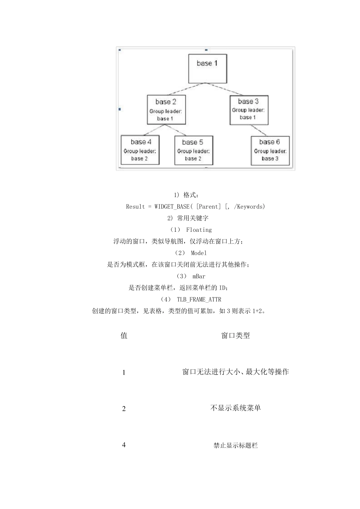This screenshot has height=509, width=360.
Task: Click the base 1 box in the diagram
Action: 207,69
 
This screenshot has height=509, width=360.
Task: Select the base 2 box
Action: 166,110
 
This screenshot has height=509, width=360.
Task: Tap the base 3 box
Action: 249,110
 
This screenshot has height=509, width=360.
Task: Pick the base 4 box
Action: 140,150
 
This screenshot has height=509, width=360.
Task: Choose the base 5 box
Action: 193,150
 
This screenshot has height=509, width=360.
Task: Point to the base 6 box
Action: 270,150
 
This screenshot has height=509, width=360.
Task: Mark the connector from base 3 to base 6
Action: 260,130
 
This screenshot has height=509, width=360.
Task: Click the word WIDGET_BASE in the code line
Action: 172,206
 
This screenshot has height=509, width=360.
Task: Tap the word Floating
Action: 199,230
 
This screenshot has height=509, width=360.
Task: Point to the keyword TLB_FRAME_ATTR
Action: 199,300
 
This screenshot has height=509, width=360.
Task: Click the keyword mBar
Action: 199,276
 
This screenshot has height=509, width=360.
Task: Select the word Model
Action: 199,253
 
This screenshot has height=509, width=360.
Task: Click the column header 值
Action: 124,336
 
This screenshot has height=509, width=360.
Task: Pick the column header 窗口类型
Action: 235,336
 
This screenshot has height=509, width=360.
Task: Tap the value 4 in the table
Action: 124,445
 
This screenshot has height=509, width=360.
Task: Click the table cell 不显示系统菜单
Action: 235,408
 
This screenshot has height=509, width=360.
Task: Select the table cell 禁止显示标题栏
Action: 235,446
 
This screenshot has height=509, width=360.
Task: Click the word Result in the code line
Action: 136,206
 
